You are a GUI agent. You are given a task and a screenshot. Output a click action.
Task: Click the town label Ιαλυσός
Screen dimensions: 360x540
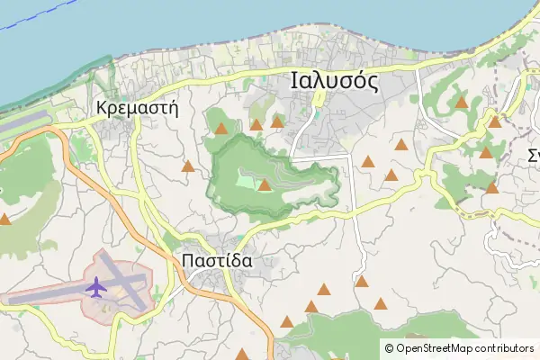point(334,81)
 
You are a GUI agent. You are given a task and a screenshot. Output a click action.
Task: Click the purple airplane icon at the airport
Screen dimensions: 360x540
point(95,287)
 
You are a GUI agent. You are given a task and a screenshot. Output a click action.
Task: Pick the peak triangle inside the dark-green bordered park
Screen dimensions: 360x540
point(265,185)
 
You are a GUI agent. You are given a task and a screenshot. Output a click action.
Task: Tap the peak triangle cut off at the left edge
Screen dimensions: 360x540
point(4,219)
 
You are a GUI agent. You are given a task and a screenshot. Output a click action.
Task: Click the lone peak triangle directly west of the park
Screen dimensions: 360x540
point(187,166)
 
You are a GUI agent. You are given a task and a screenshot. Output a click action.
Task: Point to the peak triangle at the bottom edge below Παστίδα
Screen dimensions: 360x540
point(241,355)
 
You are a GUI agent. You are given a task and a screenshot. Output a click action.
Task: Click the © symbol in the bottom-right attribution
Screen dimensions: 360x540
point(389,347)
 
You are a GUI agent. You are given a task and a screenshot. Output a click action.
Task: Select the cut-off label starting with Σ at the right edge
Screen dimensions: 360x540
point(533,155)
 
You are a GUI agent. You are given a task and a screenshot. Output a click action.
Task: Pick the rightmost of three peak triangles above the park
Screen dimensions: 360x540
point(277,121)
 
